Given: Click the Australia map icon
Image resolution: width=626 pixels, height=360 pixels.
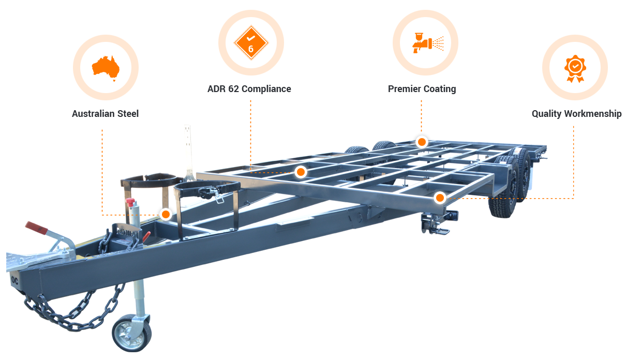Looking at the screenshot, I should point(106,67).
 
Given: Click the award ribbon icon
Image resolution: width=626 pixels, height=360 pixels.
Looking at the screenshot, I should point(574,67).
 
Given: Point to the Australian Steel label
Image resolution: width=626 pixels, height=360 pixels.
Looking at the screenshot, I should point(105,114).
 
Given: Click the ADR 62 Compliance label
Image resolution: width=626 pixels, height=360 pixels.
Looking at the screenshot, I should point(249,89).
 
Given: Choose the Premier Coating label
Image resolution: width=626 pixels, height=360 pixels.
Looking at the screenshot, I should point(422,89).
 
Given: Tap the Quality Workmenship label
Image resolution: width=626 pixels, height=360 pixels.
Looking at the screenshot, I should point(576,114).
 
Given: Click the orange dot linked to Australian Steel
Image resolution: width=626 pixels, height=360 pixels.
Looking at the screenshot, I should point(166,214).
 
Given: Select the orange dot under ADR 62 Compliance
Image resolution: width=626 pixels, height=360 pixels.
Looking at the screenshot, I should point(301,172).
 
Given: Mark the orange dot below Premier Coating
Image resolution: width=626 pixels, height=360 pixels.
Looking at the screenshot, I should point(422,142).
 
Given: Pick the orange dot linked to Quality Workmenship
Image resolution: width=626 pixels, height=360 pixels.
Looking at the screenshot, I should point(439,198).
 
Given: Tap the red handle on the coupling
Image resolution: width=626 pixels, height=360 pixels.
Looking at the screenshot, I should point(37,227).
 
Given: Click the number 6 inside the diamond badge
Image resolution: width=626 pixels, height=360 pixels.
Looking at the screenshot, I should point(251,49).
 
